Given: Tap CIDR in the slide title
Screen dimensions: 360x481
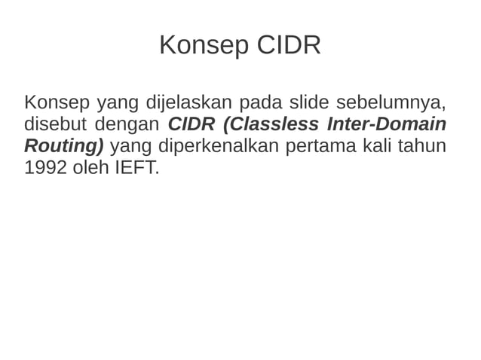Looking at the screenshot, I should click(289, 46).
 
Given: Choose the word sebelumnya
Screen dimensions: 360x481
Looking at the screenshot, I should click(391, 102).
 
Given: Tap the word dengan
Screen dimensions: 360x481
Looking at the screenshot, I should click(127, 124).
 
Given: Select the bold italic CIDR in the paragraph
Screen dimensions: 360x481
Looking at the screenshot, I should click(191, 124).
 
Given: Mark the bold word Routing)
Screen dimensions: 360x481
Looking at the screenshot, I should click(64, 145).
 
